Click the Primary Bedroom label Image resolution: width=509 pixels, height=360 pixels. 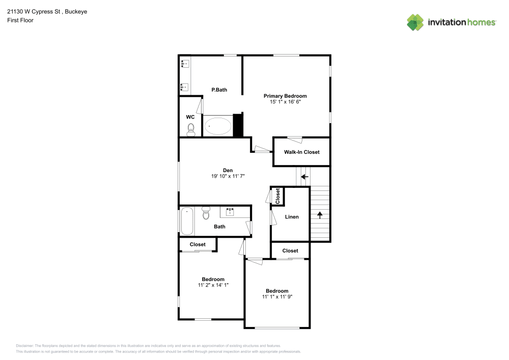click(x=285, y=96)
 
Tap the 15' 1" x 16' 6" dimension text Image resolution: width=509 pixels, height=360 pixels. click(x=285, y=102)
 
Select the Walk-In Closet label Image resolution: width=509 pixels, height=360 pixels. click(x=302, y=152)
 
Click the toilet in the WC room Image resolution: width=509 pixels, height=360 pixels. click(x=191, y=131)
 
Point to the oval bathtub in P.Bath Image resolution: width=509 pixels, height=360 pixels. click(x=217, y=126)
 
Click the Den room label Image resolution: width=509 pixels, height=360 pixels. click(x=228, y=170)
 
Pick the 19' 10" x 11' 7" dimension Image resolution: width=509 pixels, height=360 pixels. click(x=228, y=176)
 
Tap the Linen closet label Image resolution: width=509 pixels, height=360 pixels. click(x=292, y=217)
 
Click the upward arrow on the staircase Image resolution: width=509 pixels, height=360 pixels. click(x=320, y=214)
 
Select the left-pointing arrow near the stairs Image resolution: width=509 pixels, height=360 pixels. click(x=304, y=177)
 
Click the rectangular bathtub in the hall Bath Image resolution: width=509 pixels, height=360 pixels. click(x=187, y=220)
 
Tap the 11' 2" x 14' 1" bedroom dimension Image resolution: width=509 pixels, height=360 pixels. click(x=213, y=285)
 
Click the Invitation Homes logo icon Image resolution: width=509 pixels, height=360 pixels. click(x=415, y=22)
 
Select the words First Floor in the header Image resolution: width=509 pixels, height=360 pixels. click(x=20, y=20)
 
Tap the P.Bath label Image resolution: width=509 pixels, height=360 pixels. click(x=219, y=90)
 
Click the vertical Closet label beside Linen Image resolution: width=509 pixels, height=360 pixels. click(x=278, y=196)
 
